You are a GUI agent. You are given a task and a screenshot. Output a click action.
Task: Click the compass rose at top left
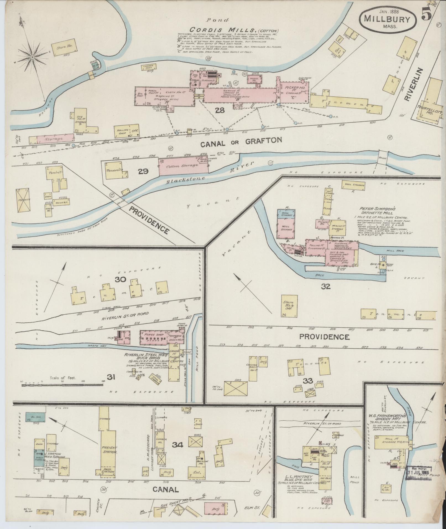coord(32,57)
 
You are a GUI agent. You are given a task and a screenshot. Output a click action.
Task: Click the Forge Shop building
coord(154,337)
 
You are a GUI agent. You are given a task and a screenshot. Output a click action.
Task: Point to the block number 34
coord(178,453)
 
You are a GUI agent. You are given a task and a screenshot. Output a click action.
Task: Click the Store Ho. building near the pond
coord(64,49)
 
